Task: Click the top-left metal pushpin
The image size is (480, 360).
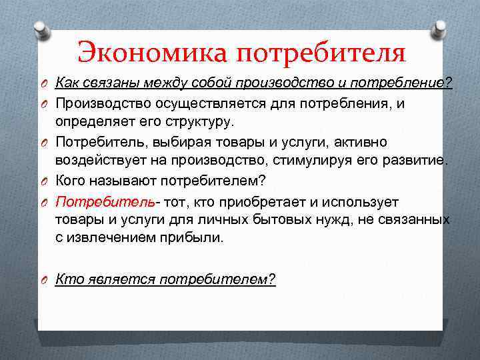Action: [x=41, y=29]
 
